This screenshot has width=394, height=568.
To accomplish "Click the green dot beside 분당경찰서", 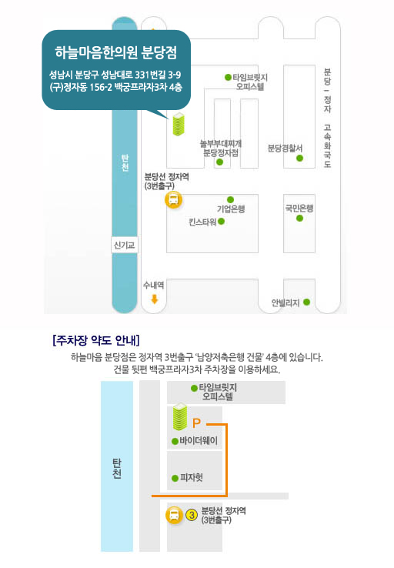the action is [299, 158].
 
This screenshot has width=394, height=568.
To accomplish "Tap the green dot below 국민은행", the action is [299, 218].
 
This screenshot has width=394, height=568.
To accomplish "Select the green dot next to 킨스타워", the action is [222, 222].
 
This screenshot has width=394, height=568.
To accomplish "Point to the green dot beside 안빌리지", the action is [306, 302].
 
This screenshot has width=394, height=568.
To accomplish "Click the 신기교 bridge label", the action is [124, 246].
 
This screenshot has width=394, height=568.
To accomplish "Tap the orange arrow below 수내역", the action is [155, 299].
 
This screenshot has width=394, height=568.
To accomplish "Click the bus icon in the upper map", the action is [173, 199].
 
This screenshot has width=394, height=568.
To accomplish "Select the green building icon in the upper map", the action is [179, 124].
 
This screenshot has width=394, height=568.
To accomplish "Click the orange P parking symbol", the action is [196, 423].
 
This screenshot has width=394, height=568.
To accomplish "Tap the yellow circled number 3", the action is [191, 515].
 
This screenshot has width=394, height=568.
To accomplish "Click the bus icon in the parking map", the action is [174, 515].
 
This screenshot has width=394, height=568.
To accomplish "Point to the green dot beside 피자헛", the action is [175, 478].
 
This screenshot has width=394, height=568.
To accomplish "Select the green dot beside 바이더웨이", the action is [175, 441].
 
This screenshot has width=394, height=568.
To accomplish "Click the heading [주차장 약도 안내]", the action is [96, 340].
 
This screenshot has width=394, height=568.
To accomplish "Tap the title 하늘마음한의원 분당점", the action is [116, 52].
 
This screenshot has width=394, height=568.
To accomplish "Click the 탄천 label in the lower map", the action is [117, 469].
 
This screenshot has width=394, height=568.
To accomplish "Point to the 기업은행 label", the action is [231, 209].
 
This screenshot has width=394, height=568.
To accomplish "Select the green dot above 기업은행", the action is [230, 199].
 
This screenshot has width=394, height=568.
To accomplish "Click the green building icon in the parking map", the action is [180, 416].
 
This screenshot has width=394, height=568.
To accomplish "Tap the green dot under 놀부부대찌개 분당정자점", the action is [219, 162].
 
